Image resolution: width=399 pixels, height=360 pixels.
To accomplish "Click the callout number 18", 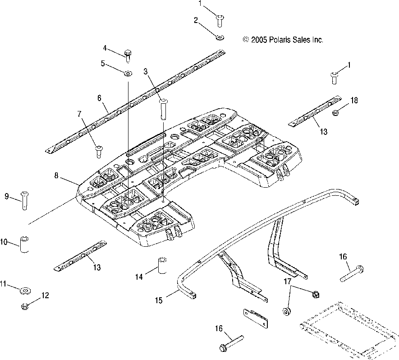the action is pyautogui.click(x=354, y=100).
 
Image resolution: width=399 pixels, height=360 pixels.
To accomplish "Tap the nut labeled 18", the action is pyautogui.click(x=335, y=112).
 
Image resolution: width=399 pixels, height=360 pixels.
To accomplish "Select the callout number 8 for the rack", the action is pyautogui.click(x=56, y=175).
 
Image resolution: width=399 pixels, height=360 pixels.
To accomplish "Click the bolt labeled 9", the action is pyautogui.click(x=24, y=201).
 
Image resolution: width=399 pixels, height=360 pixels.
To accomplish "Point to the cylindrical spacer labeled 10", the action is pyautogui.click(x=24, y=244).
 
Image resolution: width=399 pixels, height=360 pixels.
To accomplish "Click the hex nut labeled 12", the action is pyautogui.click(x=25, y=306).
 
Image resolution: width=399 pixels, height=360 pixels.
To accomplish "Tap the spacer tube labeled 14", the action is pyautogui.click(x=162, y=265).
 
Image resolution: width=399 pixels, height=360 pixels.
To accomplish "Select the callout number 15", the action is pyautogui.click(x=159, y=300).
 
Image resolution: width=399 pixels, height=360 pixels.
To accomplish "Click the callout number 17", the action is pyautogui.click(x=287, y=282).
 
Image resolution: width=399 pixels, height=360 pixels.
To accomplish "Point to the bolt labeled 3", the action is pyautogui.click(x=163, y=109).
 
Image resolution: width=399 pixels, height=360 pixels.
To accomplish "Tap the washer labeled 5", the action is pyautogui.click(x=128, y=74).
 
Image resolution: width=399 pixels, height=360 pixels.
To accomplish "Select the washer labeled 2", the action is pyautogui.click(x=220, y=37).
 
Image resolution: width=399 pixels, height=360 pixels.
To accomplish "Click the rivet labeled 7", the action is pyautogui.click(x=98, y=152).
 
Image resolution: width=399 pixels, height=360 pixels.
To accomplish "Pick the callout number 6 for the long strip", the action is pyautogui.click(x=99, y=98).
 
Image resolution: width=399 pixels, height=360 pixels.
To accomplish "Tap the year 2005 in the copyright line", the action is pyautogui.click(x=259, y=40).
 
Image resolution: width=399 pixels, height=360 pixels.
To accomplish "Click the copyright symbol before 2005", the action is pyautogui.click(x=246, y=39).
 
